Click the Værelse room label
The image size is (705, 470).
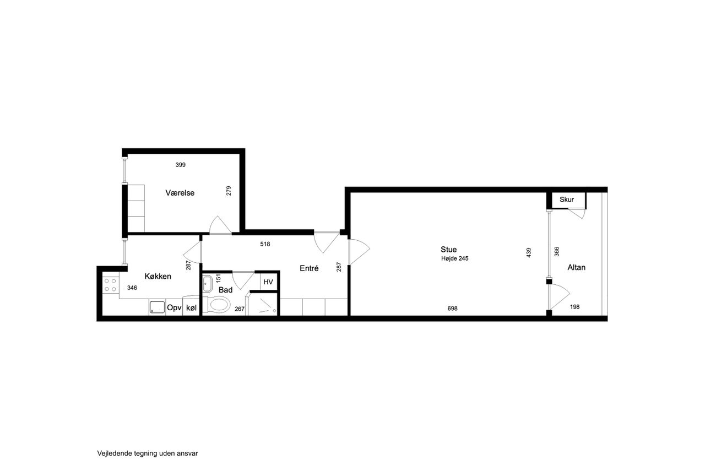[180, 193]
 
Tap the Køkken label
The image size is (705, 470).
[158, 276]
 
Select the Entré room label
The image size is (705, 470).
[309, 268]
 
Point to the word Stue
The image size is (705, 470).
[448, 249]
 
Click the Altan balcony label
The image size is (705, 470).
[576, 267]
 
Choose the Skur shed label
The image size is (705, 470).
[567, 199]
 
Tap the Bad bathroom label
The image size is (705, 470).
[225, 290]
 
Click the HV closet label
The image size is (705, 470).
[268, 282]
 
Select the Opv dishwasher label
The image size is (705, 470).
[174, 307]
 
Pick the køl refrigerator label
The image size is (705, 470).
[191, 307]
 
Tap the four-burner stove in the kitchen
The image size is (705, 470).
[111, 284]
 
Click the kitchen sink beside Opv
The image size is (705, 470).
[157, 307]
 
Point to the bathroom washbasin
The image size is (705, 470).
[208, 284]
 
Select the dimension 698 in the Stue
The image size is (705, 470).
[452, 309]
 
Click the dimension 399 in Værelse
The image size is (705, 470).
[180, 165]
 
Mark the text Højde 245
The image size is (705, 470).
[455, 258]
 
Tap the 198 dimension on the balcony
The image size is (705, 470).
[574, 306]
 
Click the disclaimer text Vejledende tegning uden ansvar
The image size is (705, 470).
[148, 453]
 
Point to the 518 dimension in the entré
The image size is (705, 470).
[265, 244]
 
